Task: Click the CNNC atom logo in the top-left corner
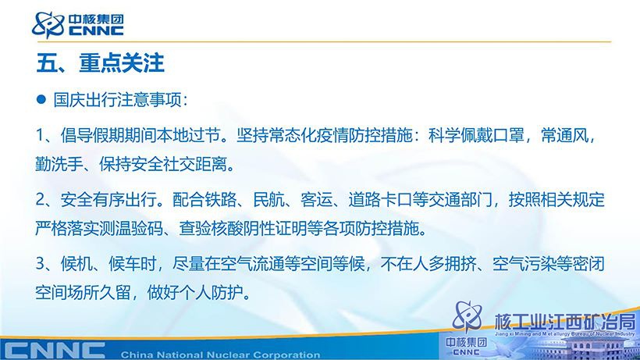48,25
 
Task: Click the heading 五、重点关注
101,62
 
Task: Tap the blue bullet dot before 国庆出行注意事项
41,99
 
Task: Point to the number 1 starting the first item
40,135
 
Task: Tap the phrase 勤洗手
59,164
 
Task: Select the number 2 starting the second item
41,200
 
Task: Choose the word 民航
268,200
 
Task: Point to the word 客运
317,200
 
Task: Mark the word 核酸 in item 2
227,229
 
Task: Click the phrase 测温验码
131,229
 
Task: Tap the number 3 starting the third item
40,264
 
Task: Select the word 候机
76,264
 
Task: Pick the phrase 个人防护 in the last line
212,293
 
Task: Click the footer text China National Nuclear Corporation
220,355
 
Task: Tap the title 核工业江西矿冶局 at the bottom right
565,322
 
